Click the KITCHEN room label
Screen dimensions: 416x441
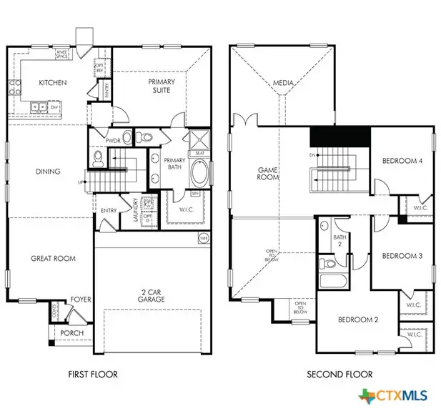(x=52, y=83)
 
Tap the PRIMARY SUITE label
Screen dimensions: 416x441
(x=162, y=86)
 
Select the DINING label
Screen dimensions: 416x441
(x=48, y=172)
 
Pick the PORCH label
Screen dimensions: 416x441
(x=72, y=333)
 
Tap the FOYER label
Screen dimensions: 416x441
(x=80, y=299)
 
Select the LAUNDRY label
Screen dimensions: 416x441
(x=135, y=209)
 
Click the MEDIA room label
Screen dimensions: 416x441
(x=283, y=84)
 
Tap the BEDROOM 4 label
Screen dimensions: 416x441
(x=402, y=162)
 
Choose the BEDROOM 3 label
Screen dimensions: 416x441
(x=402, y=256)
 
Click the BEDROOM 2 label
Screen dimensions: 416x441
(x=358, y=320)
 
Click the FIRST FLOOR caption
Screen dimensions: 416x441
(x=92, y=375)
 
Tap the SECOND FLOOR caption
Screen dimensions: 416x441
(x=340, y=375)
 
